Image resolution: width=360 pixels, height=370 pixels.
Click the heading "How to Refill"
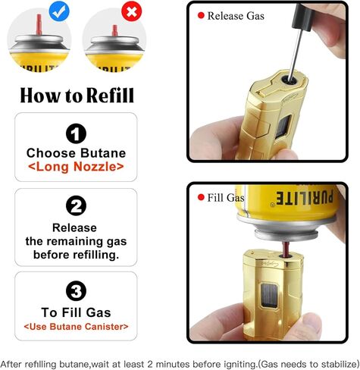(76, 96)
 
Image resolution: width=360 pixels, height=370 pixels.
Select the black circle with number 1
(76, 134)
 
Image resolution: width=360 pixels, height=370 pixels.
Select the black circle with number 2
(76, 206)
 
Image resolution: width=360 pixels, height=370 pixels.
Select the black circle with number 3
(76, 291)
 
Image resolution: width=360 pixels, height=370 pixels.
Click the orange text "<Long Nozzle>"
(76, 167)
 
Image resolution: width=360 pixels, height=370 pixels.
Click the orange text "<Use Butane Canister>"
(76, 327)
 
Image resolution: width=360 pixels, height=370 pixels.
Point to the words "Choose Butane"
(76, 152)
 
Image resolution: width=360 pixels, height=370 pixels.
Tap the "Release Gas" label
(236, 15)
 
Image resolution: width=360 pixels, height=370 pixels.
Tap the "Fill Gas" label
(225, 198)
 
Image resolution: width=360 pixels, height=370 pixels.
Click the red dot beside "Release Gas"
(201, 15)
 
